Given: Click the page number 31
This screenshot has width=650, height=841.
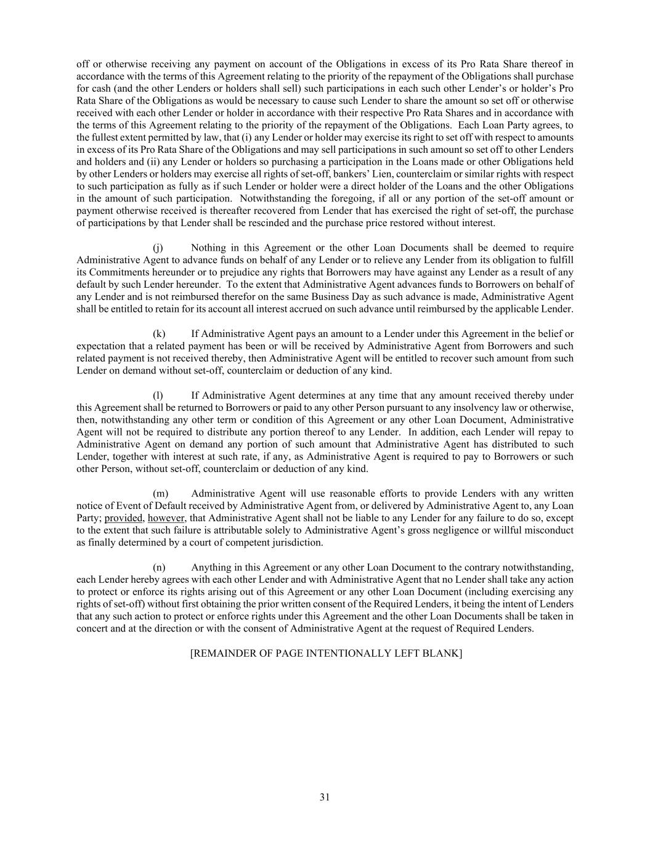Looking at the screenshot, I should point(325,797).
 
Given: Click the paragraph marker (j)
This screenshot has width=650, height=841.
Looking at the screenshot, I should point(158,248).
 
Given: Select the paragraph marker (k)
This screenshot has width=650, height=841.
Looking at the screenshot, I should point(159,334).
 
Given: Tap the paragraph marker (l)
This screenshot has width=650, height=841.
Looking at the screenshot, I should point(158,396).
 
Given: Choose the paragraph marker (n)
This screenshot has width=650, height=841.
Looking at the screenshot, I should point(159,567).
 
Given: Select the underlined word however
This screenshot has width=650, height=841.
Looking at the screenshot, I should point(166,518).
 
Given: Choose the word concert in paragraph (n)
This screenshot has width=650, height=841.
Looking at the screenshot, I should point(92,628).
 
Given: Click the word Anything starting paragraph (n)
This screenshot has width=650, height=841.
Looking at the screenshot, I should point(211,567).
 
